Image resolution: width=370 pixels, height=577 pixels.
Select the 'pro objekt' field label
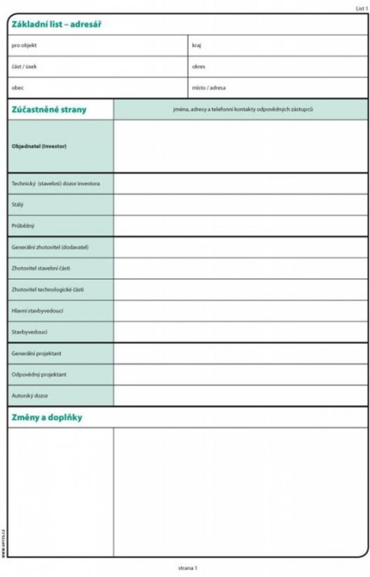[24, 45]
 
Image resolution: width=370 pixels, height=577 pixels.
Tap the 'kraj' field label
[197, 45]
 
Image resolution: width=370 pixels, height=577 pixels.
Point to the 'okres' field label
[199, 66]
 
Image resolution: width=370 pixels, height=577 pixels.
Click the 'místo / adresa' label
[209, 88]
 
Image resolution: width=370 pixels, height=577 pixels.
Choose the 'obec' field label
[18, 88]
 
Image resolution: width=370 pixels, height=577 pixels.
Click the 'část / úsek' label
[24, 66]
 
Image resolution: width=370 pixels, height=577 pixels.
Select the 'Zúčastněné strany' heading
[48, 109]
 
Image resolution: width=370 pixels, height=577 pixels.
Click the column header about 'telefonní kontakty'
[242, 109]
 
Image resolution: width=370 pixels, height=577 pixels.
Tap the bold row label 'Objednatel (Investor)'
[39, 147]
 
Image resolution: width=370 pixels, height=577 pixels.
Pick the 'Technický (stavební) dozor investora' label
[55, 183]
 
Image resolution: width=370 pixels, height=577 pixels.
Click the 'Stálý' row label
[18, 204]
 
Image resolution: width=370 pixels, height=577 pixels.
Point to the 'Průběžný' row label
[23, 226]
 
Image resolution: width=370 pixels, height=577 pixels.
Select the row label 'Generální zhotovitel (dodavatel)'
[50, 247]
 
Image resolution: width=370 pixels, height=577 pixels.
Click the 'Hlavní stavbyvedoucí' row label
[38, 310]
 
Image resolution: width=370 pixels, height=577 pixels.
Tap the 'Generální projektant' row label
[36, 353]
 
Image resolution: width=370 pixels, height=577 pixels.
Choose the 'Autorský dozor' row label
[30, 396]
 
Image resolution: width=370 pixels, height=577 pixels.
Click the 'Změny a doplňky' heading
[47, 417]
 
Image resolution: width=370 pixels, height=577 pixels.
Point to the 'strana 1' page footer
[188, 568]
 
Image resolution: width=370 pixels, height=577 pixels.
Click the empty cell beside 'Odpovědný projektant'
[241, 374]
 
